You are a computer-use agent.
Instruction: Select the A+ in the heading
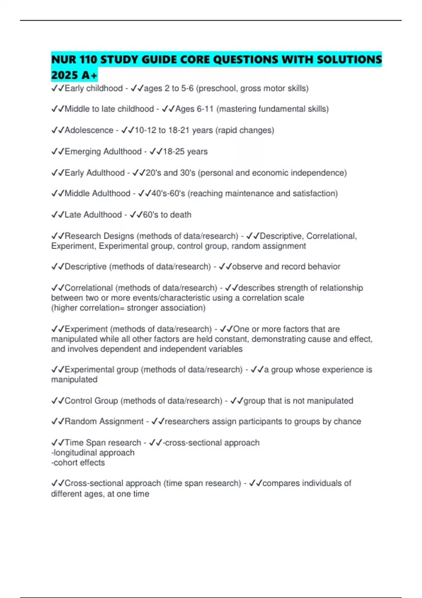point(89,75)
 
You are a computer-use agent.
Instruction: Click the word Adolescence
point(89,130)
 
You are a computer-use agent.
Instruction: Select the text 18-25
point(173,152)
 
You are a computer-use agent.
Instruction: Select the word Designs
point(118,236)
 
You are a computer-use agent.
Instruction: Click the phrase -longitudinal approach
point(93,453)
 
